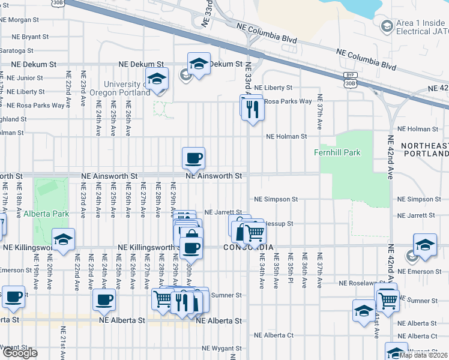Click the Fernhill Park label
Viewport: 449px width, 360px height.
[337, 152]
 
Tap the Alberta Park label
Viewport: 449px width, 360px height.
[46, 214]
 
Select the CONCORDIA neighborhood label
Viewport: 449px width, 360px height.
[249, 247]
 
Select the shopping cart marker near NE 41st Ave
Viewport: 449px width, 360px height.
[388, 299]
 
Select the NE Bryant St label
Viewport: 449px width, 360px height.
[26, 37]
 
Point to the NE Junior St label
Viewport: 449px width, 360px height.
[22, 78]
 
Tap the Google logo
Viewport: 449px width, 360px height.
[19, 353]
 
